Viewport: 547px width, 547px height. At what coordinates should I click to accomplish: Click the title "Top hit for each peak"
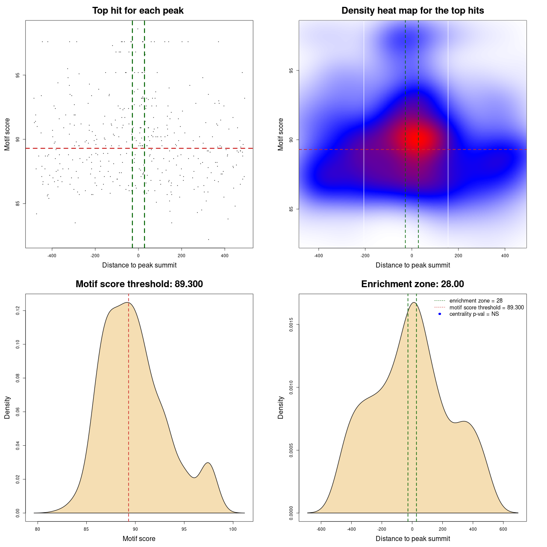point(138,11)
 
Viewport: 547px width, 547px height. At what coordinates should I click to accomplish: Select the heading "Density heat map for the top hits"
point(412,11)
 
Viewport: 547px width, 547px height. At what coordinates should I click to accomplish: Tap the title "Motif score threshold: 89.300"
point(139,284)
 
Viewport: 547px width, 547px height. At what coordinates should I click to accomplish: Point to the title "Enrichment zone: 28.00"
point(412,284)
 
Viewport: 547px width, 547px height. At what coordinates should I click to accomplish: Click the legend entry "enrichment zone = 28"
point(476,301)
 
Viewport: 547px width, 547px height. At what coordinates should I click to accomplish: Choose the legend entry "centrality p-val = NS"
point(474,314)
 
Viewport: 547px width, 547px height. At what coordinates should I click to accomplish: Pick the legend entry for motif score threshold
point(486,308)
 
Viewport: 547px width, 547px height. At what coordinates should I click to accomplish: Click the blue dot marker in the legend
point(439,314)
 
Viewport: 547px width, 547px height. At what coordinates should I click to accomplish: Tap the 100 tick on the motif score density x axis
point(233,529)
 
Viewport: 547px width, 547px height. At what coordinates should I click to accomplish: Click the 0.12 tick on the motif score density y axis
point(18,311)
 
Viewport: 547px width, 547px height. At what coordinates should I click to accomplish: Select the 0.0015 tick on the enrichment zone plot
point(291,325)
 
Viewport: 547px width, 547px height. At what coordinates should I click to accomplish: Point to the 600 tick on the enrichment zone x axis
point(503,529)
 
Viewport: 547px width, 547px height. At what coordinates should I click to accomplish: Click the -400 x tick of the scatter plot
point(52,256)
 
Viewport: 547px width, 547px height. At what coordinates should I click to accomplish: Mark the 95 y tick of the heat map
point(291,71)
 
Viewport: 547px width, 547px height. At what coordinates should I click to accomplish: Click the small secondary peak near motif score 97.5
point(208,463)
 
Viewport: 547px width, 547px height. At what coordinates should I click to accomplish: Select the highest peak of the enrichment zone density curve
point(413,303)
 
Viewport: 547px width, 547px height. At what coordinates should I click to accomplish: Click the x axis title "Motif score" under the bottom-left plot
point(139,538)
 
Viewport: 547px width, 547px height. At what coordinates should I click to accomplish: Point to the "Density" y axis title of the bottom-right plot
point(281,407)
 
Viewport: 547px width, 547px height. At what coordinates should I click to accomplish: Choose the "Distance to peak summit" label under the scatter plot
point(139,265)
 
